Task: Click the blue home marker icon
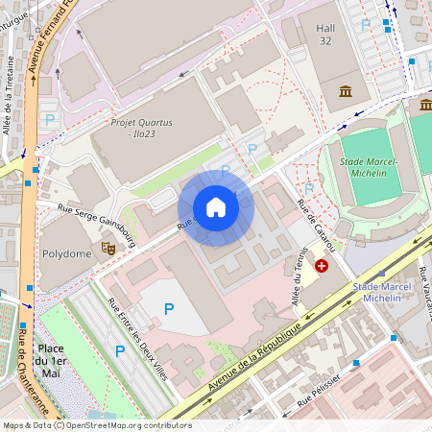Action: click(216, 207)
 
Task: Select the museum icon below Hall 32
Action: click(345, 91)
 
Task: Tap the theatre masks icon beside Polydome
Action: click(108, 248)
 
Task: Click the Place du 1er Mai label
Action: click(57, 360)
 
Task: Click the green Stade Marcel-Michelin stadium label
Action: click(369, 168)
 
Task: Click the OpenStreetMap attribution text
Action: click(96, 425)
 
